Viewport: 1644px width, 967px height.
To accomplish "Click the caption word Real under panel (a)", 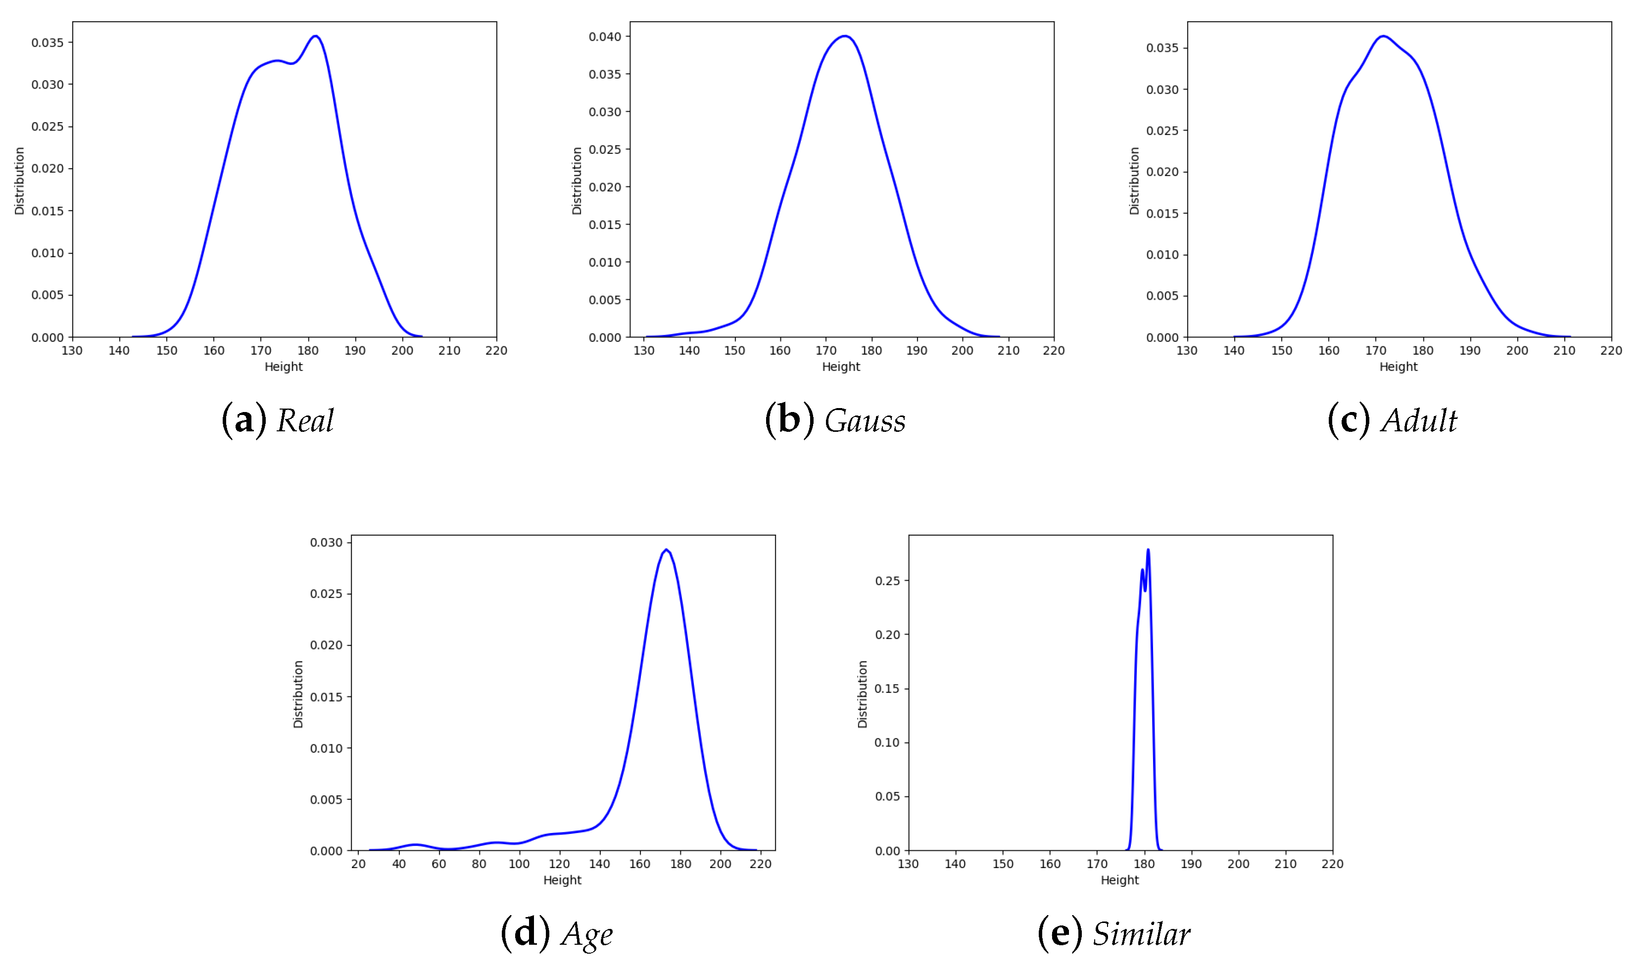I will [305, 420].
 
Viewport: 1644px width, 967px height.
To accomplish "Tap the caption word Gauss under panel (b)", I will [865, 420].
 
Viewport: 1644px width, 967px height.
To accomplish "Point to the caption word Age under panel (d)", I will [586, 934].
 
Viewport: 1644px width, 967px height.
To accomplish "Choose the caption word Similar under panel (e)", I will [1142, 934].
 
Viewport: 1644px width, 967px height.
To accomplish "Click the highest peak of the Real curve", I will [316, 36].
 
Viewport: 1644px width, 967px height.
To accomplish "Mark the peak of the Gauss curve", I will [845, 36].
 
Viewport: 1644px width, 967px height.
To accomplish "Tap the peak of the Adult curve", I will [1383, 36].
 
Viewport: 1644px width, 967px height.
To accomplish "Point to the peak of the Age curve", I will [666, 550].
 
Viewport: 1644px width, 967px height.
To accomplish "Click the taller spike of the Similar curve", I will [1148, 550].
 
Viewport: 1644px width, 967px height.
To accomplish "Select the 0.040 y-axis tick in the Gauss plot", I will [605, 37].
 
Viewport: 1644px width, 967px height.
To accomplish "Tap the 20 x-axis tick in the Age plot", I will [358, 864].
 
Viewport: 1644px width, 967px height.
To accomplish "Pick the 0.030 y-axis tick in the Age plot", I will [326, 543].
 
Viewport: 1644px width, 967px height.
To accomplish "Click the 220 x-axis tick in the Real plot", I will [496, 351].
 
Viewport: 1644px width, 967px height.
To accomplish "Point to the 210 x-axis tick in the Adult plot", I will [1564, 351].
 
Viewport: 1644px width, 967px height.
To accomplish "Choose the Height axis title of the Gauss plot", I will [841, 367].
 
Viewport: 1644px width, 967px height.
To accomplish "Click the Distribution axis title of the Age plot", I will [298, 694].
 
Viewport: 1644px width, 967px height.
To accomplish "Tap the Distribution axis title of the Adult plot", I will [1134, 181].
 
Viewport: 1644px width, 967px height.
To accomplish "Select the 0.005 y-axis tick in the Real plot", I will [48, 295].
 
